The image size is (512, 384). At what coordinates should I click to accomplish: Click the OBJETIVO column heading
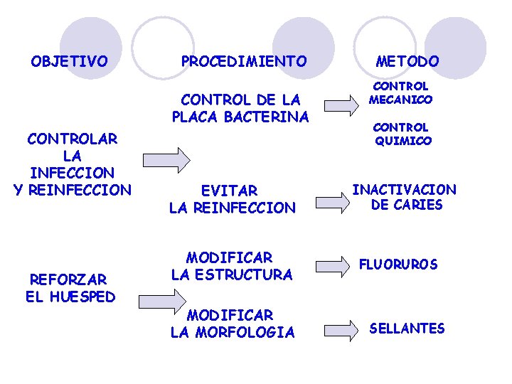(x=69, y=61)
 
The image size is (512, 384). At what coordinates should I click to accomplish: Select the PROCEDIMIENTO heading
(x=244, y=62)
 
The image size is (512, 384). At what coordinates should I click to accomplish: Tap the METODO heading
(x=407, y=62)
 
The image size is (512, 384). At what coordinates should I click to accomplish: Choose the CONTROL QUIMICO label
(x=402, y=134)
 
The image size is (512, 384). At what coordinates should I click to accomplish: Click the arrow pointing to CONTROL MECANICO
(x=341, y=105)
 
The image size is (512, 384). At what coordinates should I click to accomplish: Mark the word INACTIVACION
(x=405, y=190)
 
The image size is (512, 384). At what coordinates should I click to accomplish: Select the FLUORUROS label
(x=398, y=265)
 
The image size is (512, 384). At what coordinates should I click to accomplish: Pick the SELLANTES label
(x=407, y=328)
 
